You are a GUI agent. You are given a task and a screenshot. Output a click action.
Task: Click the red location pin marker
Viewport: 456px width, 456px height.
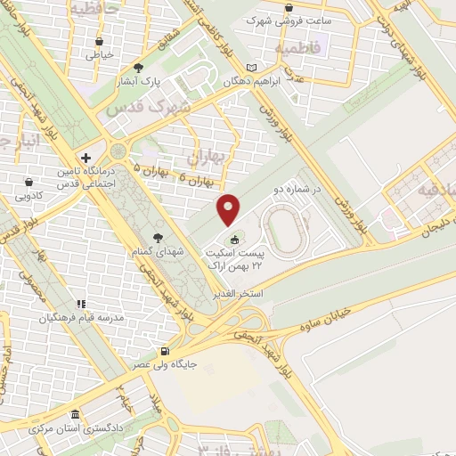pos(229,208)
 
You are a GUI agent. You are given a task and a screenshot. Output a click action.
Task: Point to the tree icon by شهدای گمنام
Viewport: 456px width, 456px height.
pos(158,238)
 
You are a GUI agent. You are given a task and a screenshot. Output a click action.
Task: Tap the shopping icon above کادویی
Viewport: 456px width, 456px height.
pos(30,182)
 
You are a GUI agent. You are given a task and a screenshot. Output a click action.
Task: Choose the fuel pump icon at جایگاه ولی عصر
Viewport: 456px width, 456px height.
pos(163,351)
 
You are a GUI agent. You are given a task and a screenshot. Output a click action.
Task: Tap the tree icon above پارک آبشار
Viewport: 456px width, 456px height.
pos(138,67)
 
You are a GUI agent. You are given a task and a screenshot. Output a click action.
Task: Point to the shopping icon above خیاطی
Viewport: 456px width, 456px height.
pos(99,41)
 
